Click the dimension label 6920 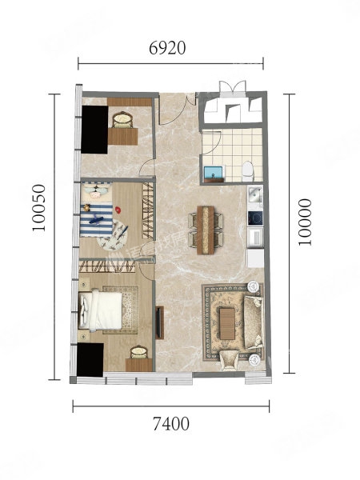coord(167,48)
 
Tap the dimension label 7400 coord(171,424)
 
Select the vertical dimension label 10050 coord(39,207)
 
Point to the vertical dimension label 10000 coord(306,222)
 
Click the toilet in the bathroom coord(248,172)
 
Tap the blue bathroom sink coord(214,174)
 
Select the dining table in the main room coord(206,230)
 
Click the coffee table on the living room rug coord(227,324)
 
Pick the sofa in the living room coord(253,322)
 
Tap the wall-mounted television coord(159,322)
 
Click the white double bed coord(101,310)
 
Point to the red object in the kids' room coord(118,210)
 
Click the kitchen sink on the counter coord(254,194)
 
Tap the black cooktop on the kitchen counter coord(255,218)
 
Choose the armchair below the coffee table coord(229,360)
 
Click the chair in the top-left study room coord(122,120)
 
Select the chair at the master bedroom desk coord(139,352)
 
